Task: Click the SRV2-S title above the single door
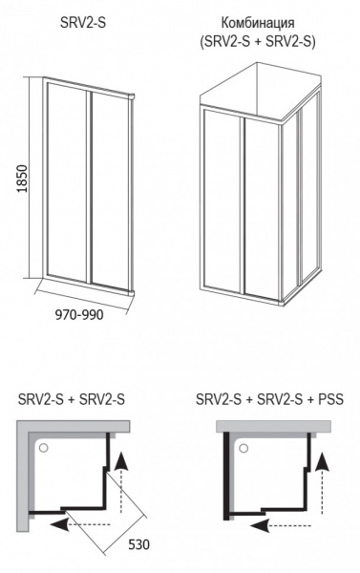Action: click(x=83, y=23)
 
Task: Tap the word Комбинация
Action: click(x=258, y=23)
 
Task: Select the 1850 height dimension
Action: click(x=22, y=179)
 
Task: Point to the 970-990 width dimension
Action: click(x=79, y=314)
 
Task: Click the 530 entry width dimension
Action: click(x=138, y=544)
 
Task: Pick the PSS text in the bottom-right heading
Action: click(x=330, y=399)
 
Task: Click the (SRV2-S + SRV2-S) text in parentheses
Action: click(x=258, y=41)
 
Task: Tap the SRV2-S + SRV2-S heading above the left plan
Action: click(x=72, y=399)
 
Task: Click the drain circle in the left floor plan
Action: click(x=44, y=448)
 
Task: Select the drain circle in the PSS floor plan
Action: click(x=244, y=448)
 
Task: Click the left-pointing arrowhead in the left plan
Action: click(x=59, y=524)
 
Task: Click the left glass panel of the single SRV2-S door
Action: click(x=67, y=180)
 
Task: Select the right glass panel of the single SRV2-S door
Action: click(x=109, y=188)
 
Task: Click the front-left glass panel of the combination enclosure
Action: click(x=222, y=200)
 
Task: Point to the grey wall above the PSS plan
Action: click(x=273, y=427)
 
